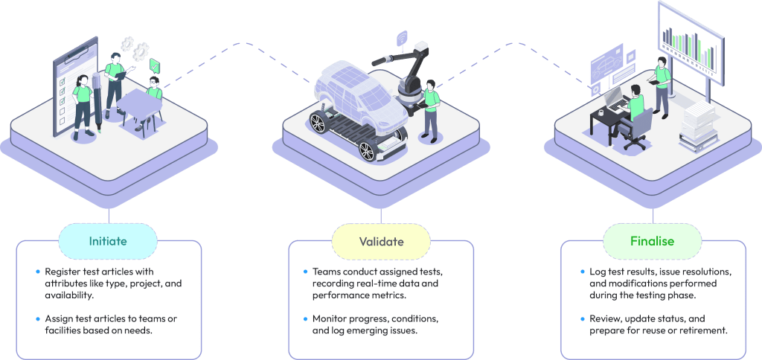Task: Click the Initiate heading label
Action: point(108,241)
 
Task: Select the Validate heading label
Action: point(381,241)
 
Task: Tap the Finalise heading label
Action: point(652,241)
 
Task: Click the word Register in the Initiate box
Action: point(61,271)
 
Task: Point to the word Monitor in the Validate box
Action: point(330,319)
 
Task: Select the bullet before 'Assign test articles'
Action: point(38,318)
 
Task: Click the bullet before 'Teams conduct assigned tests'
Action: point(305,271)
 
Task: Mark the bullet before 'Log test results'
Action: point(582,271)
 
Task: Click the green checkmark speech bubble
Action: point(155,65)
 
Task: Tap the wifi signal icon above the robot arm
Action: point(402,38)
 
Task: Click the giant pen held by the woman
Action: point(96,102)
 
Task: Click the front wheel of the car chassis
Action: point(368,150)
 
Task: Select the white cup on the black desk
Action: point(601,112)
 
